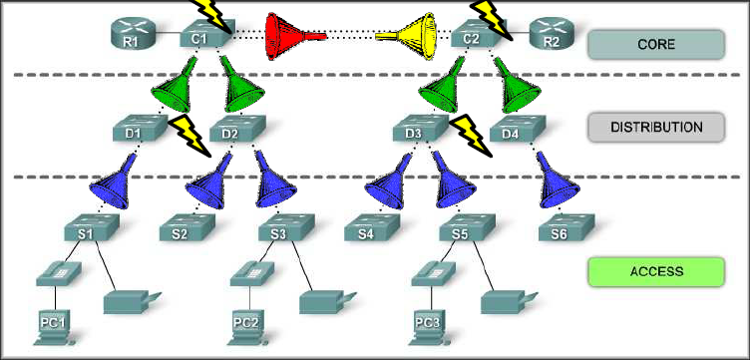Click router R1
coord(128,35)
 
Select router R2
coord(552,35)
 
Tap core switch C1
coord(197,36)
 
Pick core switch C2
coord(476,36)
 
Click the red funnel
coord(294,37)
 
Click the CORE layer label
coord(655,45)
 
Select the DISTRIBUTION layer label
coord(655,128)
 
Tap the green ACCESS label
coord(655,270)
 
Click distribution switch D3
coord(416,131)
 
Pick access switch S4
coord(367,231)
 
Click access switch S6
coord(561,231)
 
